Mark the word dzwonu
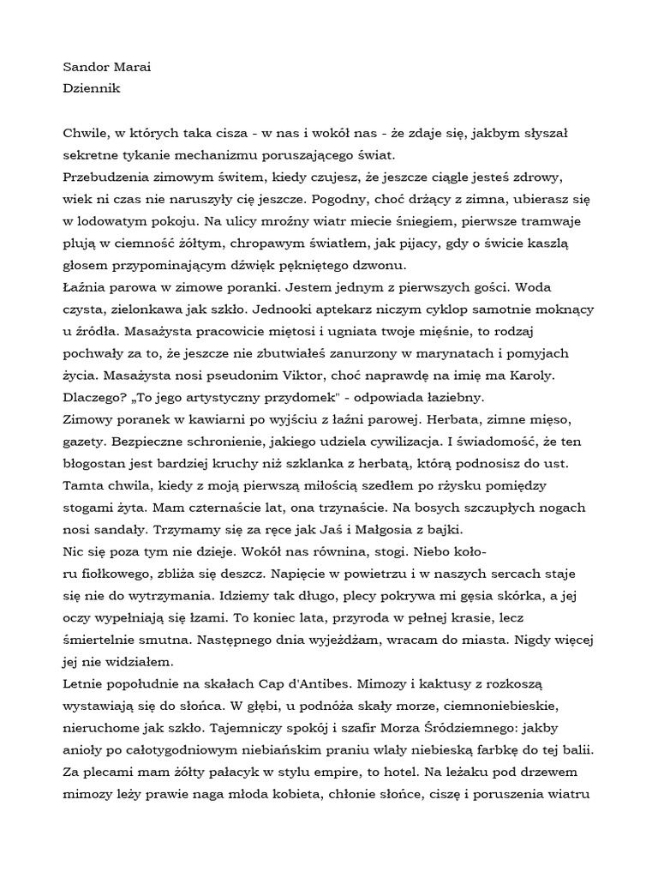pyautogui.click(x=383, y=265)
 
